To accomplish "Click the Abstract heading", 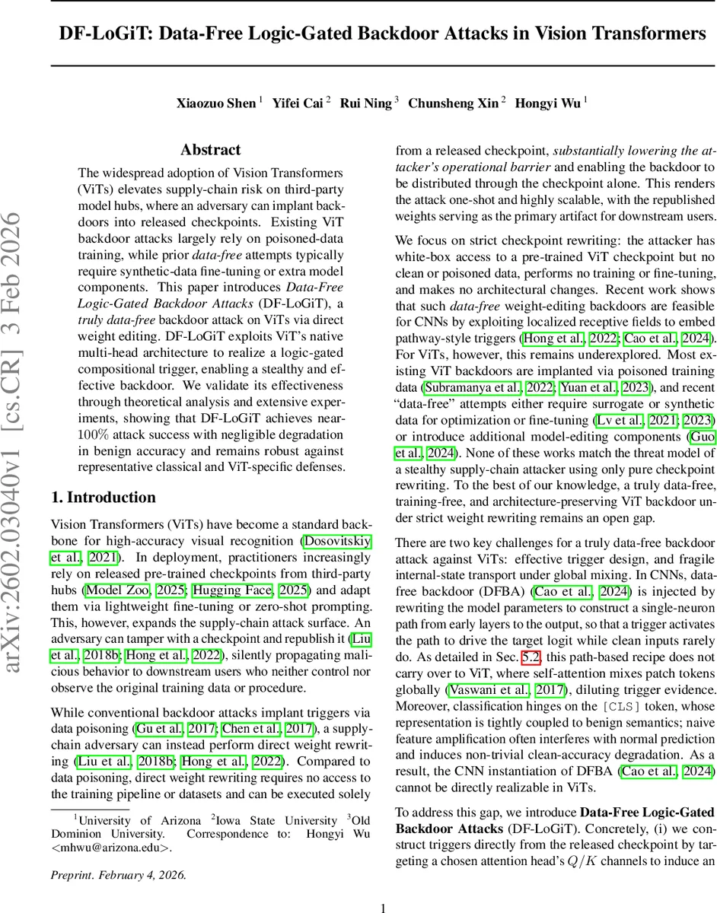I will click(x=210, y=150).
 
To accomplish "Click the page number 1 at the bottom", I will click(x=384, y=886).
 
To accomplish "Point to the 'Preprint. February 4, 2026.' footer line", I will click(x=118, y=853).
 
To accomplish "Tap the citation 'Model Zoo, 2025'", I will click(x=123, y=590).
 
